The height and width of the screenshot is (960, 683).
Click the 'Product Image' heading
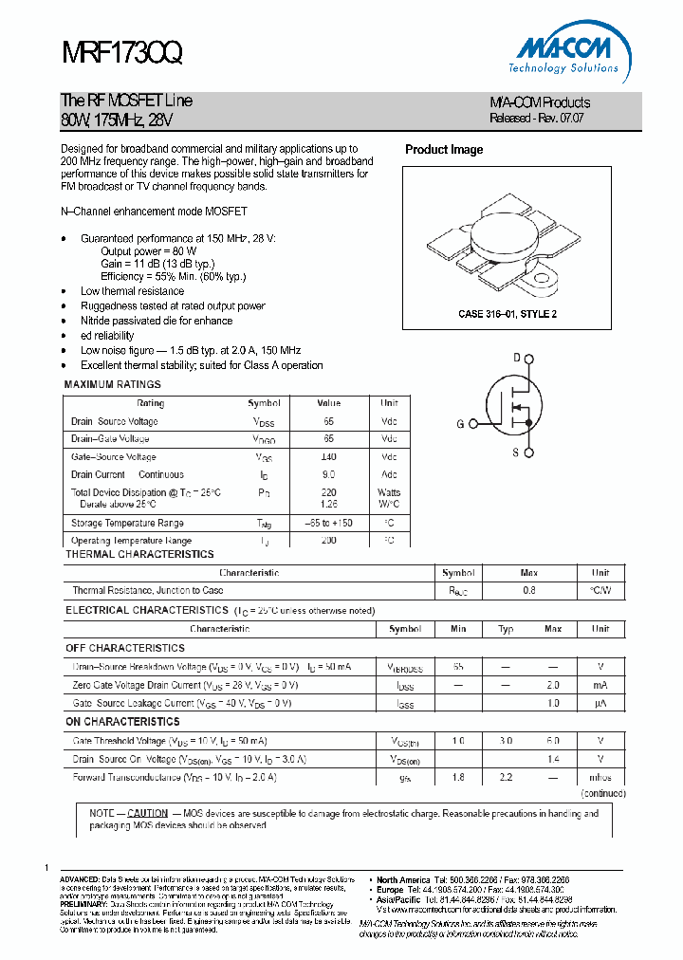[x=444, y=150]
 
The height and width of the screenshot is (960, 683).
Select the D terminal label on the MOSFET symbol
[x=517, y=358]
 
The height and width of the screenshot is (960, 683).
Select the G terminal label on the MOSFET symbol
[x=460, y=424]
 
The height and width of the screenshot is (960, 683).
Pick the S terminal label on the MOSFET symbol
[x=516, y=452]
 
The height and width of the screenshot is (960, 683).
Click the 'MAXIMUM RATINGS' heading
[x=112, y=385]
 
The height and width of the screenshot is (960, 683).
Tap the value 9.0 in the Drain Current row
[x=328, y=474]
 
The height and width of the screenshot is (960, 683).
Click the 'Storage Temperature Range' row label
[x=127, y=523]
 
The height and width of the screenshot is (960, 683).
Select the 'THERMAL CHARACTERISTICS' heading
[x=139, y=554]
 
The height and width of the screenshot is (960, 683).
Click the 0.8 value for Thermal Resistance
[x=528, y=590]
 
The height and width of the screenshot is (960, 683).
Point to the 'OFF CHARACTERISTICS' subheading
[x=124, y=648]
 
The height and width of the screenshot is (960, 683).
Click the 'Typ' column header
[x=506, y=629]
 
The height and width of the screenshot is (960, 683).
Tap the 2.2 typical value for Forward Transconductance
[x=506, y=777]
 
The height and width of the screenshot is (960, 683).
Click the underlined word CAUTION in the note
[x=147, y=814]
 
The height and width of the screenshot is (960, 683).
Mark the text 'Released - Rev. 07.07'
[x=537, y=119]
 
